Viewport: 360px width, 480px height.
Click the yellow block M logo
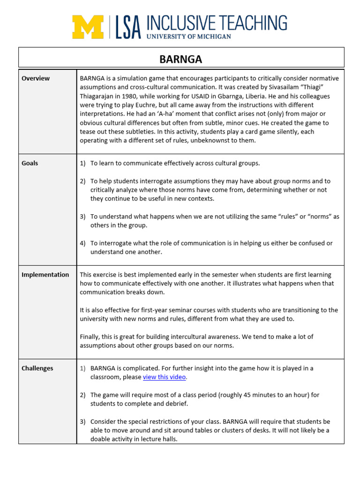(88, 27)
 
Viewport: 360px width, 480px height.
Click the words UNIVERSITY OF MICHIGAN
(188, 37)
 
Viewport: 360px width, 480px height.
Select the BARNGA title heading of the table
(181, 60)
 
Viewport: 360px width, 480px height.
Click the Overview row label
(36, 78)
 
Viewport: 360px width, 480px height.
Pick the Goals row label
(30, 163)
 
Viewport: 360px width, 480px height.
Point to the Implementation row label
(45, 275)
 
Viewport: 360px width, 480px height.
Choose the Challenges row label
(37, 368)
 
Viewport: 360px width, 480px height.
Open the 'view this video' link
(165, 377)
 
